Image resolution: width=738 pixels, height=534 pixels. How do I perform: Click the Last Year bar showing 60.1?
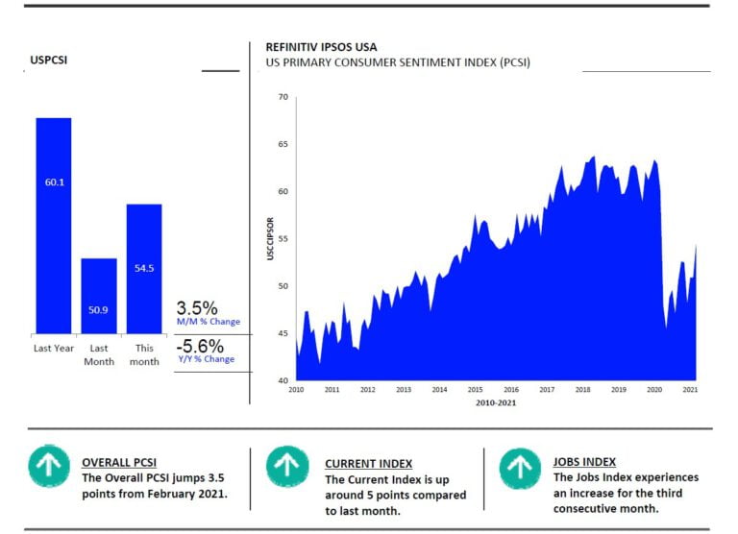tap(54, 225)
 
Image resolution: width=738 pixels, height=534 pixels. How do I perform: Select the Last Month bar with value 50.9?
tap(99, 295)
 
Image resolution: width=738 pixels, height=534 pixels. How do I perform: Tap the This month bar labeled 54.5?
tap(144, 268)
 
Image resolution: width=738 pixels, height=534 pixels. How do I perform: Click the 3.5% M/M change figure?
tap(197, 308)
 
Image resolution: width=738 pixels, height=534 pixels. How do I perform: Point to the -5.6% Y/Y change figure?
tap(200, 346)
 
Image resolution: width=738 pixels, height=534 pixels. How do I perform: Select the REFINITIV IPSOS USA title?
tap(321, 47)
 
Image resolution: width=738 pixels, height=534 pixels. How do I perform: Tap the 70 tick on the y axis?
tap(283, 97)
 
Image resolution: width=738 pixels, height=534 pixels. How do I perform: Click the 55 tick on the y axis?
tap(283, 238)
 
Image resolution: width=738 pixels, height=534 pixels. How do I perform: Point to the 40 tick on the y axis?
tap(283, 380)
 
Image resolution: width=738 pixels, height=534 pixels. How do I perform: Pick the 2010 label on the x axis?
tap(296, 390)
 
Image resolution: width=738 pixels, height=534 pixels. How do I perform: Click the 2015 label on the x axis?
tap(475, 390)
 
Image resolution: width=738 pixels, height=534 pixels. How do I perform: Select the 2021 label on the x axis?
tap(690, 390)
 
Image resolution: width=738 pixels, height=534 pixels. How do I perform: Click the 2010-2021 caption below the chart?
tap(496, 403)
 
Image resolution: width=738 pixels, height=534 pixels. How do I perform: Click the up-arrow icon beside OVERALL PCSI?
tap(46, 466)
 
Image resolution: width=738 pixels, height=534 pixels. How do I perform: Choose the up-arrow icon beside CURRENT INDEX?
tap(286, 466)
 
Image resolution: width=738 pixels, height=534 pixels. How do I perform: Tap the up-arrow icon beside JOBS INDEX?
tap(520, 466)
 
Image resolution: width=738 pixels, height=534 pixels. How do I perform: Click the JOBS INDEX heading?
tap(585, 462)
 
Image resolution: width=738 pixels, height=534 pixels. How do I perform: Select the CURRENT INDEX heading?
tap(368, 463)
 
